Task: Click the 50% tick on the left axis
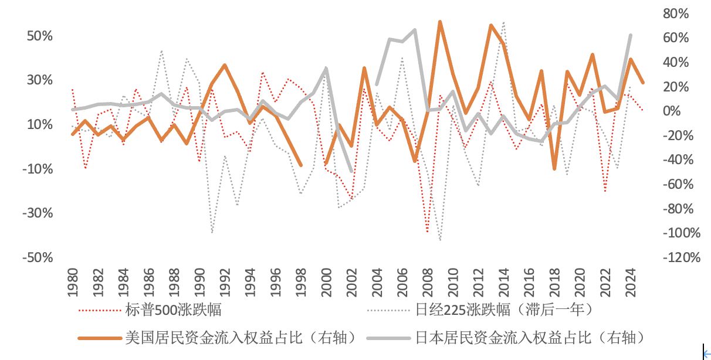tap(40, 36)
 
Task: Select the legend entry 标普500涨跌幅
tap(173, 310)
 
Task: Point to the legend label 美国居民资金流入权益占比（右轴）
tap(241, 338)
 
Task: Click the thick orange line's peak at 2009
tap(440, 22)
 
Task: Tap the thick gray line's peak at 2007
tap(415, 30)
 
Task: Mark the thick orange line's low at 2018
tap(554, 169)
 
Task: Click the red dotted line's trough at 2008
tap(428, 232)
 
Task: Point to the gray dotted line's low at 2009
tap(440, 240)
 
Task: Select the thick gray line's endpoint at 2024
tap(630, 35)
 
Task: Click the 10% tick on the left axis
tap(40, 125)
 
